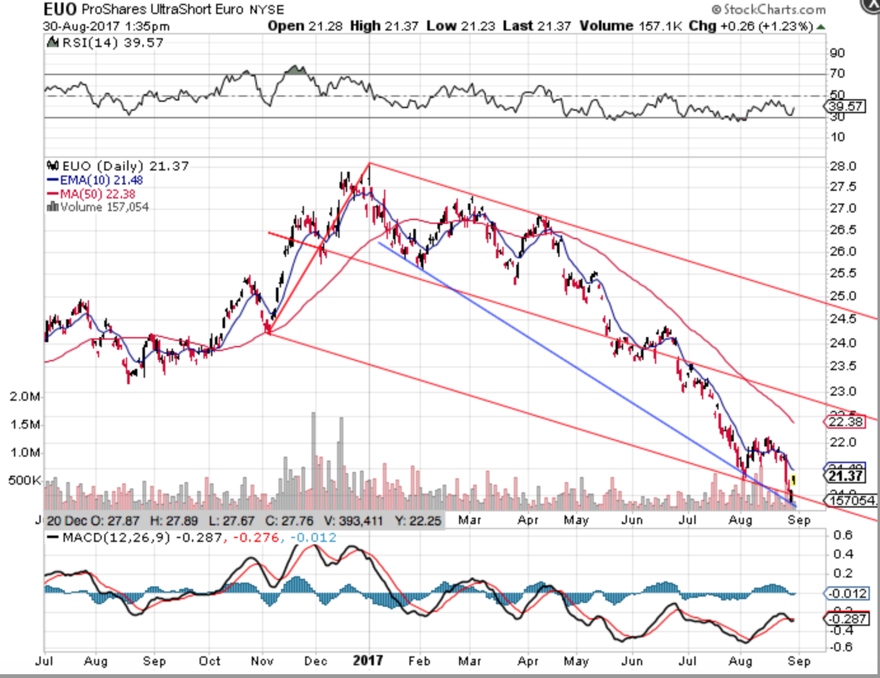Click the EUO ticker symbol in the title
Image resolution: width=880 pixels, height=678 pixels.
pos(60,9)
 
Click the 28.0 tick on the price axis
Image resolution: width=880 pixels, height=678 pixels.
pos(843,166)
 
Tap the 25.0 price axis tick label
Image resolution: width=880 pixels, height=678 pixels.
pos(843,296)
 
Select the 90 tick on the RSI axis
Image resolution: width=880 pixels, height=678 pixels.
pos(837,53)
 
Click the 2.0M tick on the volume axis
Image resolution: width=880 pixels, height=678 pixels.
pos(25,396)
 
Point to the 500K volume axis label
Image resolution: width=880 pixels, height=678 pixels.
pos(25,480)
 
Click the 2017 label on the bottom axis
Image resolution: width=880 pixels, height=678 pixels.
pos(368,661)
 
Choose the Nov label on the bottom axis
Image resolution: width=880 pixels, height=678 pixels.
pos(262,661)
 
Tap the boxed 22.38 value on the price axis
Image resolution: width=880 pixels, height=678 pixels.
pos(846,421)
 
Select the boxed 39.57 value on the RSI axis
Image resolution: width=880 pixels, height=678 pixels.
pos(846,106)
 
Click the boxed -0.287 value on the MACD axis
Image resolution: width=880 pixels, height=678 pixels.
pos(846,618)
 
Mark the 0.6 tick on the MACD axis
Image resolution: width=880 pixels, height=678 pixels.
pos(843,535)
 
